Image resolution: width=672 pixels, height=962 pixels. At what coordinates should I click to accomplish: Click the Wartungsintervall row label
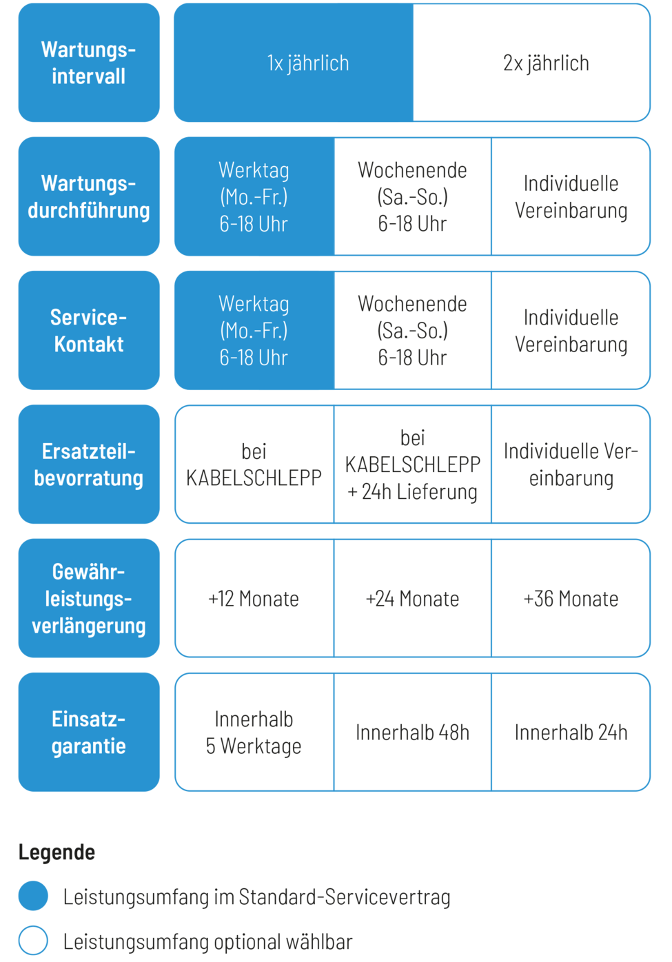pyautogui.click(x=89, y=63)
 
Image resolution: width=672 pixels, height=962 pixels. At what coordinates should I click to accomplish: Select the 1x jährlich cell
pyautogui.click(x=294, y=63)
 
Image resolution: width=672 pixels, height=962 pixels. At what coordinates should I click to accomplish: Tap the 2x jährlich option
pyautogui.click(x=531, y=63)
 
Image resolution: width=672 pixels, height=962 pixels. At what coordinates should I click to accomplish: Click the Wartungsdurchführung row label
pyautogui.click(x=89, y=196)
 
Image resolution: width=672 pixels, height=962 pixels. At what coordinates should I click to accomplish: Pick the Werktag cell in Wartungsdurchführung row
pyautogui.click(x=254, y=196)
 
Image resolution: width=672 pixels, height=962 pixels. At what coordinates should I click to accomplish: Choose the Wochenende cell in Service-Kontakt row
pyautogui.click(x=412, y=330)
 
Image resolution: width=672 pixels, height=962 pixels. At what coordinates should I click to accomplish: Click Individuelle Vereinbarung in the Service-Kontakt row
pyautogui.click(x=571, y=330)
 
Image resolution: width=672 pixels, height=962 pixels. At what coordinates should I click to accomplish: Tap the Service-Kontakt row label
pyautogui.click(x=89, y=330)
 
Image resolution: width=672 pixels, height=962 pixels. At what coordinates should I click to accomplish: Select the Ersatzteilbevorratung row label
pyautogui.click(x=89, y=464)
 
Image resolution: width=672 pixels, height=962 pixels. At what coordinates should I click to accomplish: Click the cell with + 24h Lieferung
pyautogui.click(x=412, y=464)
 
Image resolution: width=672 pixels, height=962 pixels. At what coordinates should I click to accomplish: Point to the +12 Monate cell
pyautogui.click(x=254, y=598)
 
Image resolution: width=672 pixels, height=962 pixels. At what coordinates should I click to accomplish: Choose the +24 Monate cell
pyautogui.click(x=412, y=598)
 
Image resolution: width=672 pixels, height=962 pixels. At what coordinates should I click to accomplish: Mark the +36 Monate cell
pyautogui.click(x=571, y=598)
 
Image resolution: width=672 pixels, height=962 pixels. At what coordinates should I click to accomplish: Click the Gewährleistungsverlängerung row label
pyautogui.click(x=89, y=598)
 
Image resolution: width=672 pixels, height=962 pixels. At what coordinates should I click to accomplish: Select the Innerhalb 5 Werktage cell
pyautogui.click(x=254, y=733)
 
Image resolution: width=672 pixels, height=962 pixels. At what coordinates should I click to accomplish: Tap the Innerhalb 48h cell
pyautogui.click(x=412, y=733)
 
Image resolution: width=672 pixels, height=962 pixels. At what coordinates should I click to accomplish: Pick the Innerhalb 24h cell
pyautogui.click(x=571, y=733)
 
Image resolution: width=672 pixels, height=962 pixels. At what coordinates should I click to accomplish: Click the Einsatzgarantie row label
pyautogui.click(x=89, y=733)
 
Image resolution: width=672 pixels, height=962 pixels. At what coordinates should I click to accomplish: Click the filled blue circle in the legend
pyautogui.click(x=33, y=896)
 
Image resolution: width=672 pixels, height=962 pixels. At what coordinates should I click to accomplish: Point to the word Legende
pyautogui.click(x=57, y=852)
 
